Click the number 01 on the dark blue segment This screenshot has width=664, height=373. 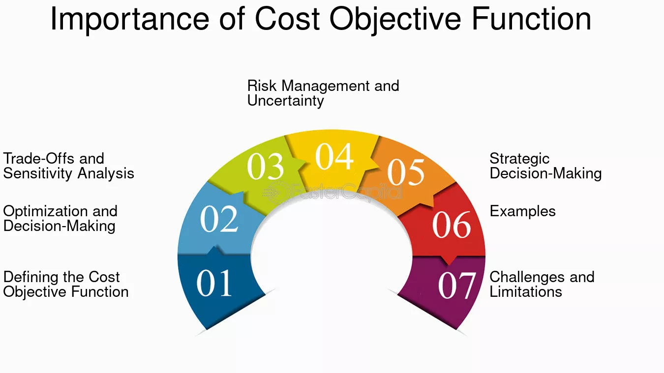coord(214,283)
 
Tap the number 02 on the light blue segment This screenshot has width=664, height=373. coord(219,219)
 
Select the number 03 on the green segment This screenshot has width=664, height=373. coord(265,166)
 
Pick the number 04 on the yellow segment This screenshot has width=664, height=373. coord(334,156)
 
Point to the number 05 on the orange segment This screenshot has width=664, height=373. coord(406,172)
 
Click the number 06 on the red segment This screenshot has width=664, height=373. coord(452,225)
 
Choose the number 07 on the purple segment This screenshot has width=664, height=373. coord(457,285)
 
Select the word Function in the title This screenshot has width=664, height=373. coord(532,18)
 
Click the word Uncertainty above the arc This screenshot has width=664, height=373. coord(285,100)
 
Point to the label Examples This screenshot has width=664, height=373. coord(523,211)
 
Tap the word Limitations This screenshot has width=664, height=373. coord(526,291)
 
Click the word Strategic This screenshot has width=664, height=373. coord(519,159)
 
